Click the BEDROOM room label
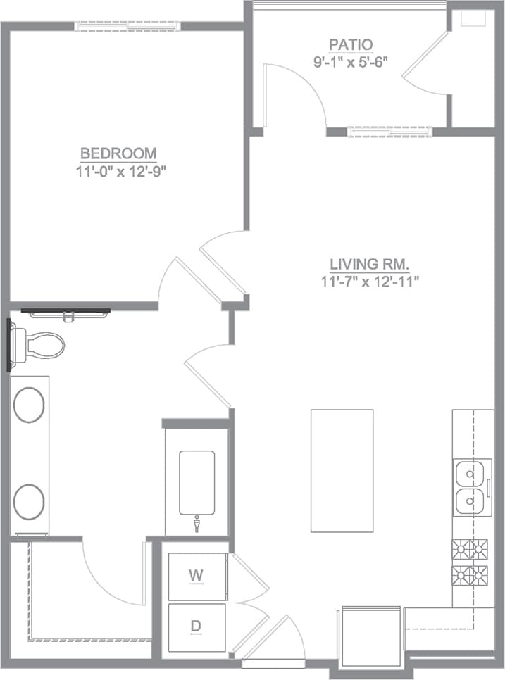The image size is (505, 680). [x=118, y=153]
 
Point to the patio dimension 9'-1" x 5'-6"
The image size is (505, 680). [x=351, y=61]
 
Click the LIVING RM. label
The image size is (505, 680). [x=370, y=265]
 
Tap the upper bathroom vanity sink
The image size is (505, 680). [x=30, y=405]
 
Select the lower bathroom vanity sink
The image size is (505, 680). [x=30, y=501]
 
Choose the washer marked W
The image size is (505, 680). [x=197, y=575]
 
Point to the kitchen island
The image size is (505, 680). [x=342, y=471]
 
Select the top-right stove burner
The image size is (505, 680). [x=480, y=548]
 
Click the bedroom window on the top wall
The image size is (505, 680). [x=127, y=26]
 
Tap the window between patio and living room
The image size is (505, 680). [x=389, y=131]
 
